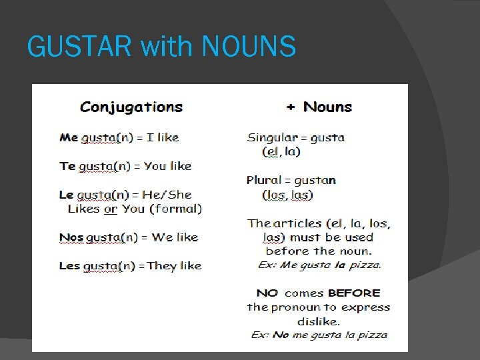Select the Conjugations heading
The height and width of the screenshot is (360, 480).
(x=131, y=107)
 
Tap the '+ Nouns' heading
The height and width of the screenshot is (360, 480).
(x=319, y=107)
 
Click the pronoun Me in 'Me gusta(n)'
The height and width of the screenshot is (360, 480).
(x=69, y=137)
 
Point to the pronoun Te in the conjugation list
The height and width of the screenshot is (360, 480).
(x=67, y=166)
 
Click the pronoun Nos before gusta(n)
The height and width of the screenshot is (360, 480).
(x=71, y=237)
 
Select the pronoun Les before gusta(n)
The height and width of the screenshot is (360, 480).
(x=69, y=265)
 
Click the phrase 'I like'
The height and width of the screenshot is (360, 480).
(x=163, y=137)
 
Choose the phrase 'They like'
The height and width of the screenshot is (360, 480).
(x=174, y=265)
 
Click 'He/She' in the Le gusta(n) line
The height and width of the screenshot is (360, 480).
(x=171, y=195)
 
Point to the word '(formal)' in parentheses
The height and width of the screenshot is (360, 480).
(x=175, y=209)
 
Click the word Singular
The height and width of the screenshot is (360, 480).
(x=271, y=138)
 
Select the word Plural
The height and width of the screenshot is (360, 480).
(x=264, y=180)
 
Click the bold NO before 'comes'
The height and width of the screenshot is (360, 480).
(x=267, y=293)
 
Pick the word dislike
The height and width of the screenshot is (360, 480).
(x=318, y=321)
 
